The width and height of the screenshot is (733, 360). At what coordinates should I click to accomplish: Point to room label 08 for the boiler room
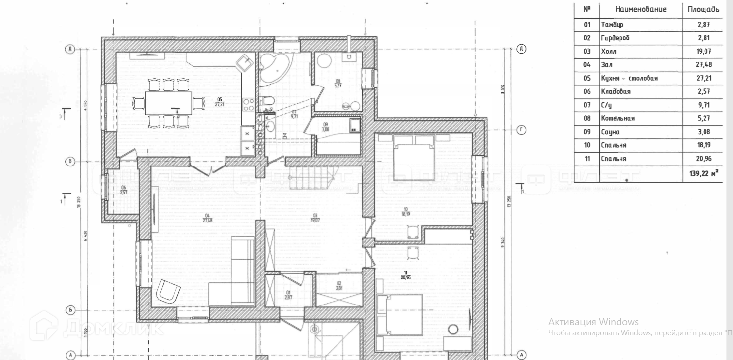(338, 83)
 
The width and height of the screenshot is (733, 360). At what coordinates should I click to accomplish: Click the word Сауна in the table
(610, 132)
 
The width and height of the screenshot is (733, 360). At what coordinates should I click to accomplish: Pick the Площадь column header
(703, 10)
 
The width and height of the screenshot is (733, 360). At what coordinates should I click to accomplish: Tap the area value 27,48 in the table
(703, 65)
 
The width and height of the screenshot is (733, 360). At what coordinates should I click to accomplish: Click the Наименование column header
(641, 10)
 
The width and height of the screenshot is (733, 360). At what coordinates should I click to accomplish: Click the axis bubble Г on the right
(521, 130)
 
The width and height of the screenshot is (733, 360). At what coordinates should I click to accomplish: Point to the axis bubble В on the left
(70, 161)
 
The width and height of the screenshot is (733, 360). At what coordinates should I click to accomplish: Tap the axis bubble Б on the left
(70, 310)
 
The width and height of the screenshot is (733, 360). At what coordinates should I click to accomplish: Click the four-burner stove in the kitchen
(248, 104)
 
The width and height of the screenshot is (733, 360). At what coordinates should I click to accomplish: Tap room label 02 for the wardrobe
(339, 285)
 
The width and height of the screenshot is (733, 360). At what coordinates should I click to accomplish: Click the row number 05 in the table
(587, 78)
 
